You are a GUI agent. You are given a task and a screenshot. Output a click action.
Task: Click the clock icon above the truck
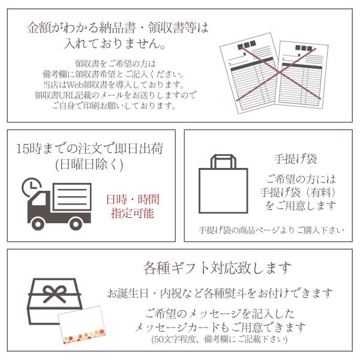(x=31, y=187)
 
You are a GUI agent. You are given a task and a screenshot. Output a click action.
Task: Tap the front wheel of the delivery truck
(x=38, y=224)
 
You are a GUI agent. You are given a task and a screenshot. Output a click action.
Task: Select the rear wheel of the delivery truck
(x=76, y=224)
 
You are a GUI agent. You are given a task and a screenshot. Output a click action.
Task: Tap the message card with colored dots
(x=82, y=325)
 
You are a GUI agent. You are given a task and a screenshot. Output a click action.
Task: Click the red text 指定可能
(x=133, y=213)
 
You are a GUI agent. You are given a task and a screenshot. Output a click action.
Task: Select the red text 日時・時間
(x=133, y=199)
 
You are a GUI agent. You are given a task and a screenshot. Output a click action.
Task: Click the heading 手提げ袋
(x=295, y=159)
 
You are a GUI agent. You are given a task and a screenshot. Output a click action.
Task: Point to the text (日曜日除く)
(x=89, y=164)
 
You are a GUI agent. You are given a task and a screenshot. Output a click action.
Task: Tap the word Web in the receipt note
(x=74, y=85)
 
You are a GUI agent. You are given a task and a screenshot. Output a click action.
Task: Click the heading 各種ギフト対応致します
(x=217, y=268)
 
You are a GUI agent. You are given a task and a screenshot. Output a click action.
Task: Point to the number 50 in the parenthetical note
(x=158, y=339)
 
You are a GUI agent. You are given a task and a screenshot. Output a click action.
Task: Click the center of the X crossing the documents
(x=280, y=73)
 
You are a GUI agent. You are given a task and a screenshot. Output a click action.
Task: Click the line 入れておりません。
(x=115, y=43)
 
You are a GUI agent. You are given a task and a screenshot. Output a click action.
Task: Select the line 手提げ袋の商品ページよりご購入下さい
(x=271, y=230)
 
